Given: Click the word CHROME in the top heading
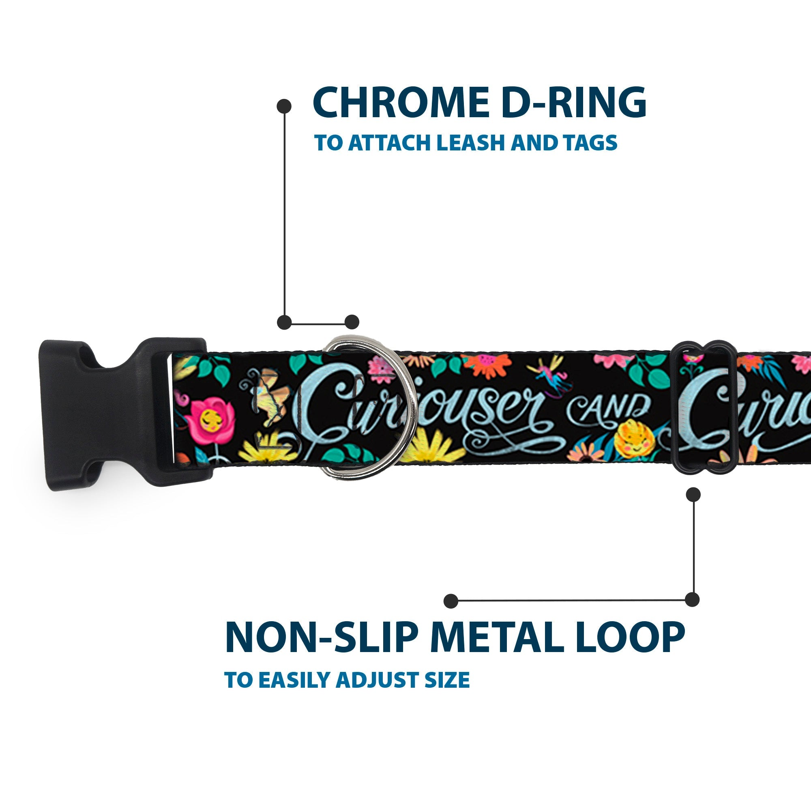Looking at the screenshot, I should tap(401, 103).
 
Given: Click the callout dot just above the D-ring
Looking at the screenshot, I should tap(352, 322).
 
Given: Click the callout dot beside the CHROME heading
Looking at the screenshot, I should tap(284, 106).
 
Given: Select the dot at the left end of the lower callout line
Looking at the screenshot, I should tap(451, 601).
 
